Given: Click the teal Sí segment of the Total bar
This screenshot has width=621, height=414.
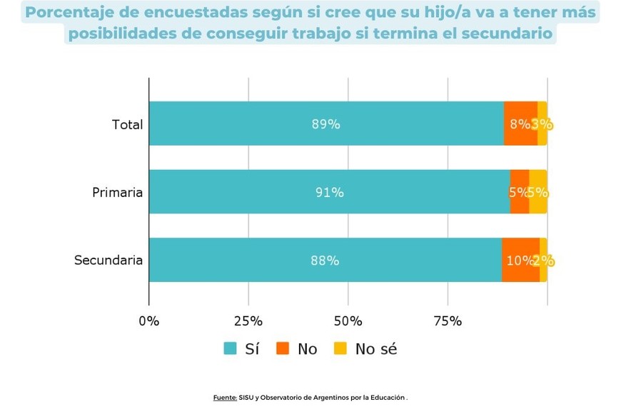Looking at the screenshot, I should pos(326,123).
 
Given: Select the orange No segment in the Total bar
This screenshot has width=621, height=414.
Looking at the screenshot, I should pos(520,123).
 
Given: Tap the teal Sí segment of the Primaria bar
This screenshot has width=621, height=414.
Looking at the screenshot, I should pos(329,192).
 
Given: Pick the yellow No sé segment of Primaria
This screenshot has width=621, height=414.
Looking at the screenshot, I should pos(538,192).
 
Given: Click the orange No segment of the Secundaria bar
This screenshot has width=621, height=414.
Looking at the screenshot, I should pos(520,260).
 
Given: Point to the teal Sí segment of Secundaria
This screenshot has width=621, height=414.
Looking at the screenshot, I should pos(325,260).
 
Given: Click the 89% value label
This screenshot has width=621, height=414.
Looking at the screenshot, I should pos(325,124).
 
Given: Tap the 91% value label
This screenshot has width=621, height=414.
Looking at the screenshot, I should pos(330,193).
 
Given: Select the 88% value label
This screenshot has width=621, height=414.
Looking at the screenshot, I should pos(325,261).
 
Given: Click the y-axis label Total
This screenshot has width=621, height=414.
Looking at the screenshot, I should pos(127,125).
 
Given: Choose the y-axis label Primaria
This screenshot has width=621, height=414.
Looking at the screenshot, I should pos(117,193).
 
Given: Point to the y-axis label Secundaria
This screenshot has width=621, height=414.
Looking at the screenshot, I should pos(108,261).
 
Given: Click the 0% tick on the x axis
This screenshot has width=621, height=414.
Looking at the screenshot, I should pos(149,321).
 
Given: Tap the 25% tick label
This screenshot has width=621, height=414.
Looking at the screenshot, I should pos(248,321).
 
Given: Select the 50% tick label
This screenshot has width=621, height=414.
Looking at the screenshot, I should pos(348,321).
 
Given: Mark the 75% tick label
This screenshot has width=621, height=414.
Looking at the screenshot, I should pos(448,321).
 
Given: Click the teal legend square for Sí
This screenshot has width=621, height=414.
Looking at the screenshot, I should pos(231,349).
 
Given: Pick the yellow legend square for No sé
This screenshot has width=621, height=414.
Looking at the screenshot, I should pos(341,349).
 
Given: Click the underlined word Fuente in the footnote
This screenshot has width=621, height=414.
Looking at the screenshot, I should pos(224,398).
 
